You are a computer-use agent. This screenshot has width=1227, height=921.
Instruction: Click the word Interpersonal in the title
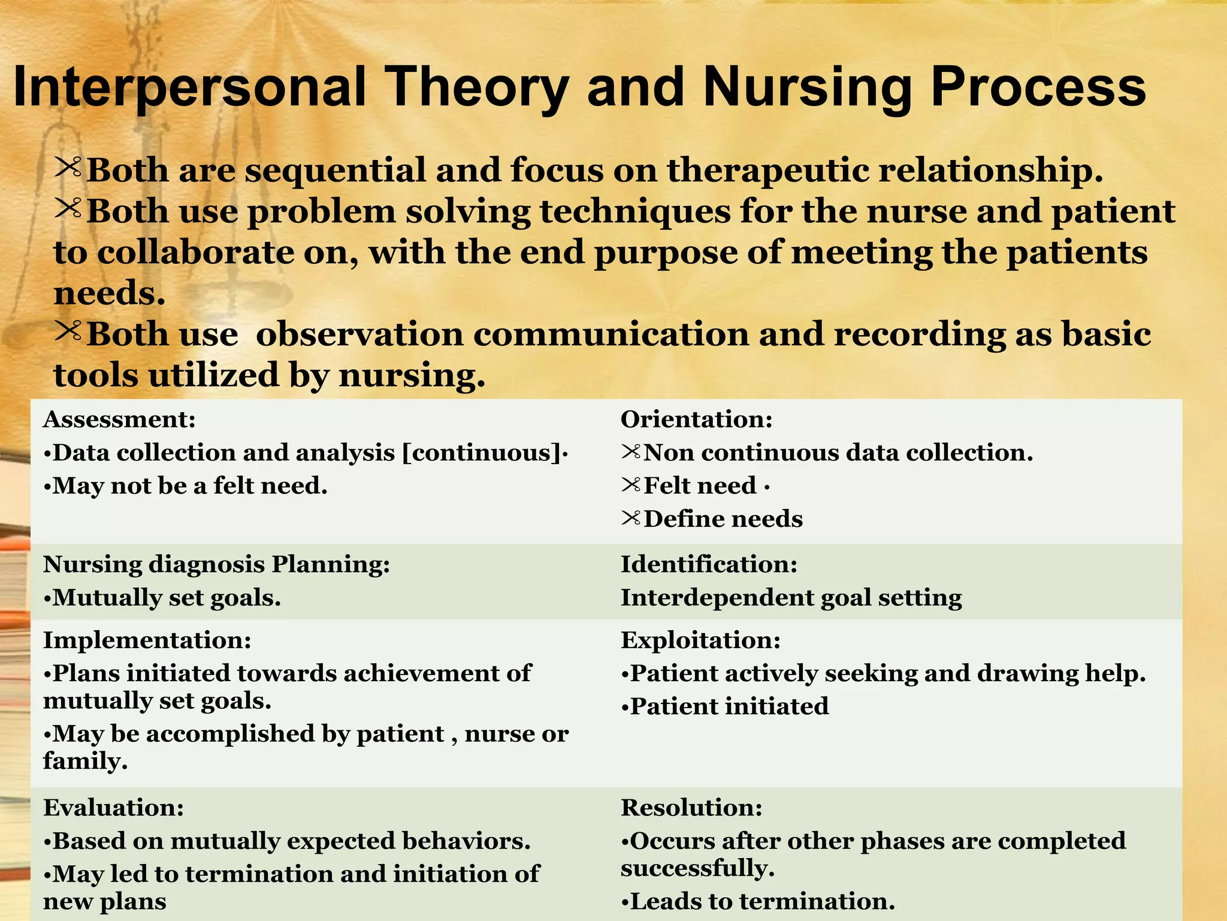coord(189,88)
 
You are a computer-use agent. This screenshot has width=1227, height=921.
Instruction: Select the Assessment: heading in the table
coord(119,419)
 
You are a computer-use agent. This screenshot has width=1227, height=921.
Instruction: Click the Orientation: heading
coord(696,419)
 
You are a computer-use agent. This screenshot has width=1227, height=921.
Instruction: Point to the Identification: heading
coord(709,564)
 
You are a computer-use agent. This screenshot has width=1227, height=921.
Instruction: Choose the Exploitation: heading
coord(700,640)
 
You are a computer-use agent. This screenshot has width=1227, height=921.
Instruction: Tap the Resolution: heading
coord(691,808)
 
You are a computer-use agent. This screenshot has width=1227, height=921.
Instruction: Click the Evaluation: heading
coord(113,808)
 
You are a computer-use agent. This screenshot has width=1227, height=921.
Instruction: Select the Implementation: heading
coord(147,640)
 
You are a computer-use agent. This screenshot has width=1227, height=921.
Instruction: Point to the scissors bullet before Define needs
coord(631,517)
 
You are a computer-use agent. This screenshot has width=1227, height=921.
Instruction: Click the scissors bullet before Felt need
coord(631,484)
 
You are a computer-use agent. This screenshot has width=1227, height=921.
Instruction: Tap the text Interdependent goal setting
coord(791,598)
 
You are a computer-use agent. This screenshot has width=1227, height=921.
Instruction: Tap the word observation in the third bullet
coord(359,335)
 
